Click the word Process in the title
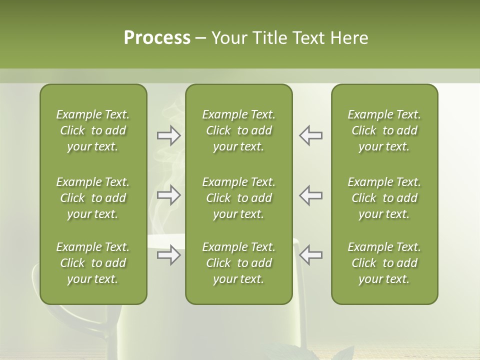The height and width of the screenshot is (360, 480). click(157, 37)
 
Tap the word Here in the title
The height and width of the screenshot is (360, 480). click(349, 37)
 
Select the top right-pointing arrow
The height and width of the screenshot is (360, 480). click(168, 135)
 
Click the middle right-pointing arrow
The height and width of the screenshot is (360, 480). click(168, 195)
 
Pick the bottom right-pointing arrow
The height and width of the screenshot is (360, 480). click(168, 255)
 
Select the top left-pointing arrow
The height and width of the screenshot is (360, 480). click(310, 135)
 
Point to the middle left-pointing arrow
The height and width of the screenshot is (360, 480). click(310, 195)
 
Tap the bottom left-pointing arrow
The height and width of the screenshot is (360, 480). click(310, 255)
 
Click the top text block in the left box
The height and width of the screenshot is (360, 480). click(93, 130)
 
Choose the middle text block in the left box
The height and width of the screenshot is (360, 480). click(93, 198)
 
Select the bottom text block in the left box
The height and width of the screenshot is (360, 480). click(93, 263)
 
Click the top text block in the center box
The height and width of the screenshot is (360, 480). click(238, 130)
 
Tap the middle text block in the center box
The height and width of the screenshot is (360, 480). click(238, 198)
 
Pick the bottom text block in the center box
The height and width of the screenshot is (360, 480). click(238, 263)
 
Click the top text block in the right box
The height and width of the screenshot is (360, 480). click(384, 130)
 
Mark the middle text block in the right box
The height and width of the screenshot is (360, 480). click(384, 198)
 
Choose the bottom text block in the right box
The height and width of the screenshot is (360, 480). click(384, 263)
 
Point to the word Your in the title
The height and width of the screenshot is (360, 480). click(228, 37)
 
